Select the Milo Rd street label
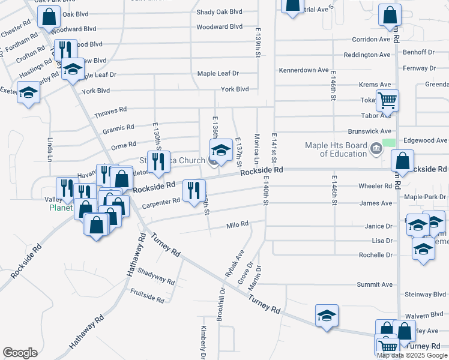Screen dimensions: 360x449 pyautogui.click(x=237, y=224)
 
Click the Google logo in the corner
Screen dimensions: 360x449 pyautogui.click(x=20, y=353)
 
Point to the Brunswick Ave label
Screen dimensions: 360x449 pyautogui.click(x=369, y=131)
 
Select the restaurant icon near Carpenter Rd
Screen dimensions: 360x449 pyautogui.click(x=193, y=191)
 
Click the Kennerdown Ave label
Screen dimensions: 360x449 pyautogui.click(x=304, y=70)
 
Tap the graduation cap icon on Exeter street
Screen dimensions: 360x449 pyautogui.click(x=28, y=94)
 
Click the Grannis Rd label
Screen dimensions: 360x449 pyautogui.click(x=118, y=128)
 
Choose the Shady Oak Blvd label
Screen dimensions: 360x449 pyautogui.click(x=219, y=12)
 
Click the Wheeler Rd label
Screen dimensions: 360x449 pyautogui.click(x=375, y=186)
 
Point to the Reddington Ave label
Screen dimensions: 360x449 pyautogui.click(x=367, y=55)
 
